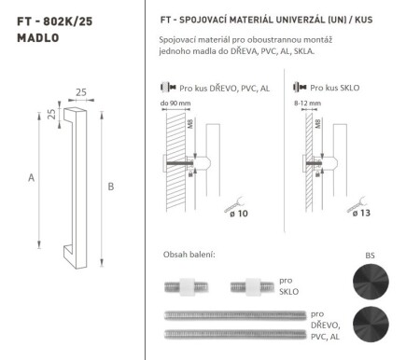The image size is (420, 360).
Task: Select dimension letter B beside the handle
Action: tap(111, 187)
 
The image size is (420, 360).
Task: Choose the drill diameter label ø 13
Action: tap(363, 214)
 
